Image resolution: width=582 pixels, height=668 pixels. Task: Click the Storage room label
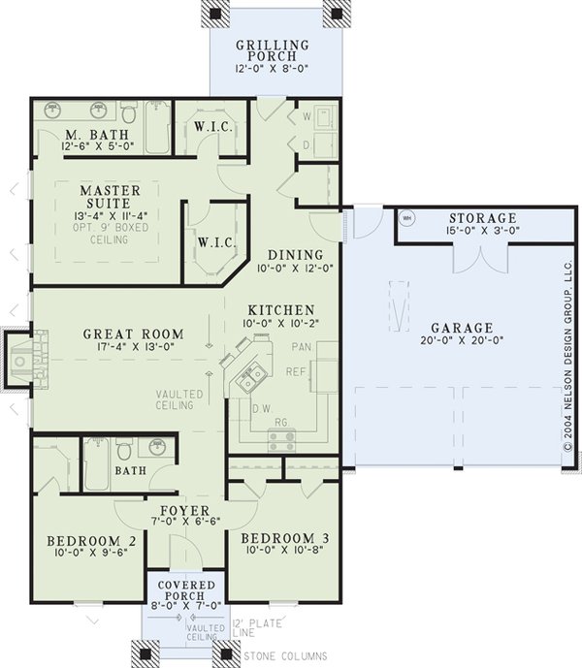coord(482,218)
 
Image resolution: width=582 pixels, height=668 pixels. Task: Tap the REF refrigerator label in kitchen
coord(295,371)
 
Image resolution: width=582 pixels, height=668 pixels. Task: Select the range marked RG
coord(282,440)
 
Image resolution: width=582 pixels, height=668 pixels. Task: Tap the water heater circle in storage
coord(408,217)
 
